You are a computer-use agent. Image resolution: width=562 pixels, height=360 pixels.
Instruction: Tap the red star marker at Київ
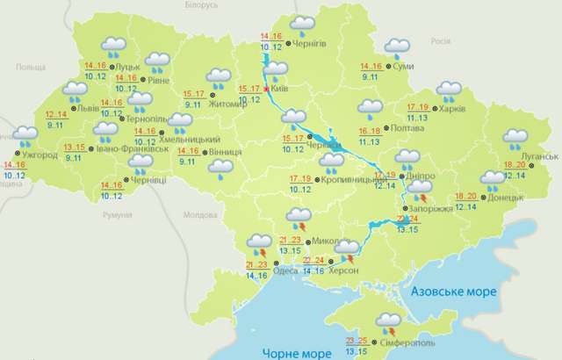pos(266,89)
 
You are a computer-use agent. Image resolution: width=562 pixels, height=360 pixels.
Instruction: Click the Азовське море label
pos(453,291)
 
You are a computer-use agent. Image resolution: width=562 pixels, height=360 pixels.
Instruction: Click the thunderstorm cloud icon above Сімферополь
pos(386,323)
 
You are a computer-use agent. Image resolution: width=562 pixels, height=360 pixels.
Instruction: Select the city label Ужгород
pos(40,155)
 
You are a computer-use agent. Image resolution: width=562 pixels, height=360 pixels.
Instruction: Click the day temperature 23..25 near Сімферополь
pos(356,341)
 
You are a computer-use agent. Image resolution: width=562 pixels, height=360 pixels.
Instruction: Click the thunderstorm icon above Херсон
pos(347,249)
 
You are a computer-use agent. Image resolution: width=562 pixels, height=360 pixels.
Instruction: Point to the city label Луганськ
pos(537,156)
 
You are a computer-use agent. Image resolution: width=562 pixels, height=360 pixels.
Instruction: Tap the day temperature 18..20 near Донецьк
pos(466,196)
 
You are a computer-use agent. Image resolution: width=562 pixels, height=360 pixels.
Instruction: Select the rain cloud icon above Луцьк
pos(114,46)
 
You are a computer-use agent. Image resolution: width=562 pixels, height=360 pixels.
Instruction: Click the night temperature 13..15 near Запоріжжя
pos(407,229)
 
